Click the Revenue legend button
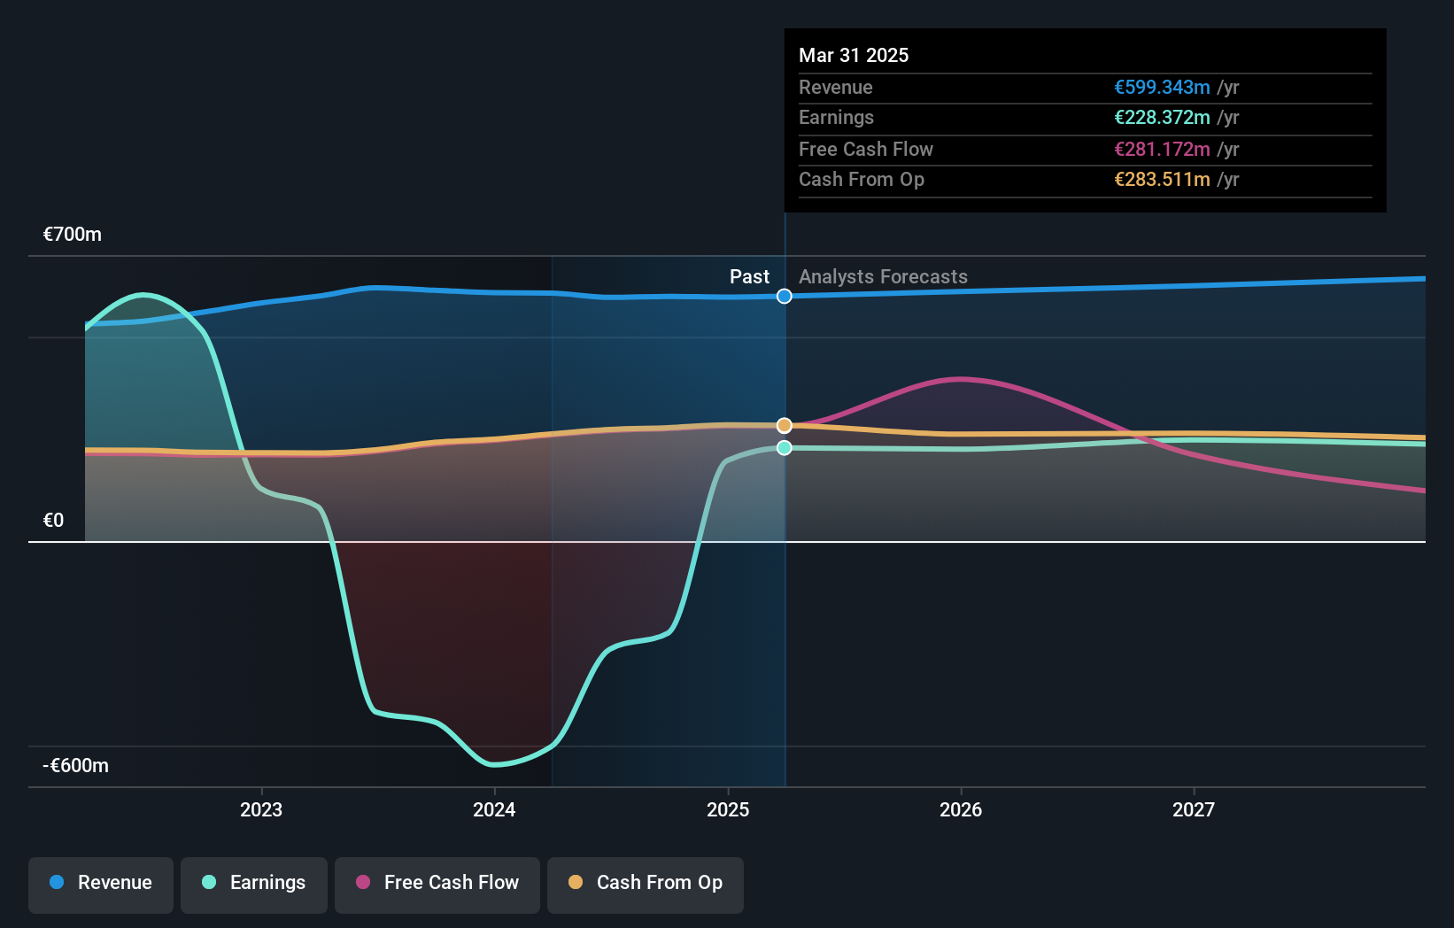[101, 883]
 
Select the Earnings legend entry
[254, 883]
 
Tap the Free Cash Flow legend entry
[437, 883]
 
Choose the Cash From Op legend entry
[646, 883]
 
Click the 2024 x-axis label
[494, 809]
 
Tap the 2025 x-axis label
[728, 809]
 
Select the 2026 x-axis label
[961, 809]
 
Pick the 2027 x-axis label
[1194, 809]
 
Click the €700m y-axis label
[73, 235]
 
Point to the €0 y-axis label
[54, 521]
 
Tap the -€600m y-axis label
[76, 766]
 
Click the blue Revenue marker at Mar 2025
[785, 297]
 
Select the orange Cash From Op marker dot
[785, 426]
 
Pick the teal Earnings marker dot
[785, 448]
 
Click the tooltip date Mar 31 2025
[854, 55]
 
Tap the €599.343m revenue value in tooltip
[1162, 88]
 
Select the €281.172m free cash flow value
[1162, 150]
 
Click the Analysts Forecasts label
[883, 277]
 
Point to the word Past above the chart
[749, 277]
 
